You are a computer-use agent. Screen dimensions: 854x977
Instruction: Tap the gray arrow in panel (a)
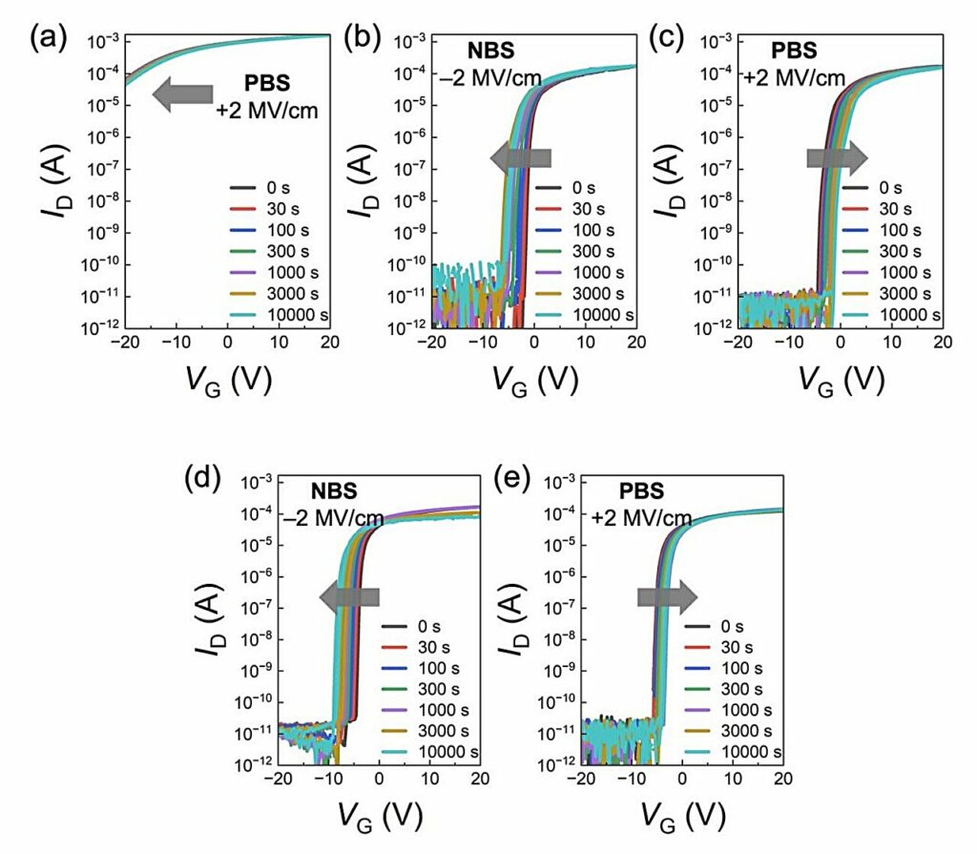[183, 93]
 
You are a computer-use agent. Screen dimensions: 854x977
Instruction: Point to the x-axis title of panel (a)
[227, 379]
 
